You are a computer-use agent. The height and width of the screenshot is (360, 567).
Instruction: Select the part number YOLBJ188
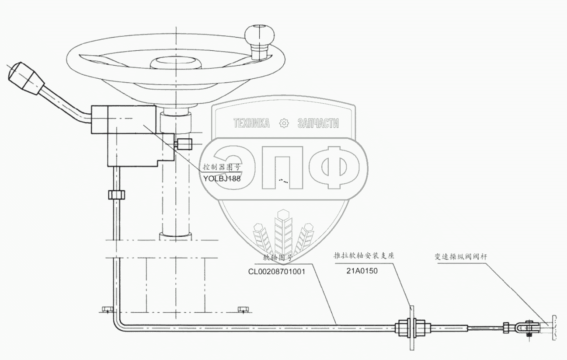pos(222,178)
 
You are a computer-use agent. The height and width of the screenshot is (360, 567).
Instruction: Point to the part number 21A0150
pos(362,271)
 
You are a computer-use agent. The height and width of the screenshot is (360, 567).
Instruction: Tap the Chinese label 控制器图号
pos(222,167)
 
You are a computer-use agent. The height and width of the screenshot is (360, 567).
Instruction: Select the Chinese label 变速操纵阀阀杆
pos(460,257)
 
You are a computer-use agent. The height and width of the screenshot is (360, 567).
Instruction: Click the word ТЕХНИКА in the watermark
pos(251,124)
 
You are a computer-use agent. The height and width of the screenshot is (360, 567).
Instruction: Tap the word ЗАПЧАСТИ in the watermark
pos(318,124)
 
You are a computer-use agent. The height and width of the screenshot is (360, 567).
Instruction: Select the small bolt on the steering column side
pos(184,143)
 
